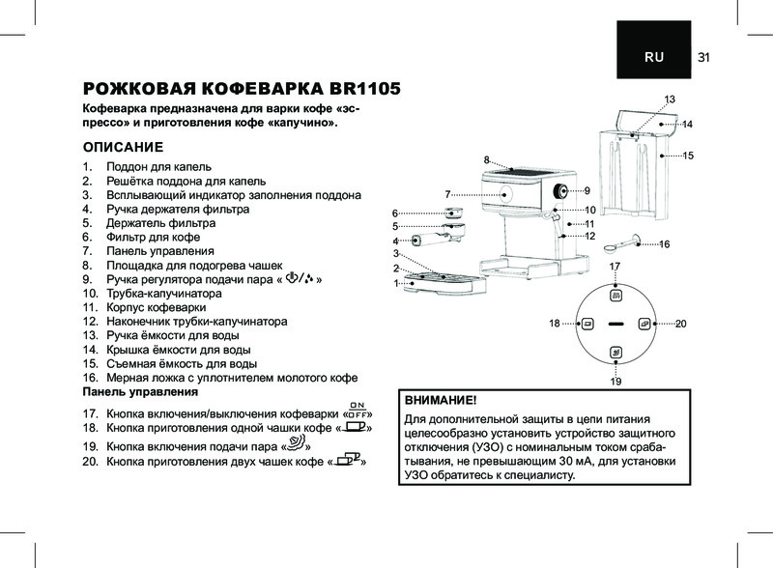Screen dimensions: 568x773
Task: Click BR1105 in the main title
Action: point(349,90)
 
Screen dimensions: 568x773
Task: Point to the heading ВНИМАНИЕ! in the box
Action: point(441,399)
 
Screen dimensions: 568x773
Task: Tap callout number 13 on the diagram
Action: point(670,100)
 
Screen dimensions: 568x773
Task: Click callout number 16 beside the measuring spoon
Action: point(665,244)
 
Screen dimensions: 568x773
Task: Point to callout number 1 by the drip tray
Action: point(396,283)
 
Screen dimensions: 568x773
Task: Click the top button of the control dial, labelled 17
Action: point(616,290)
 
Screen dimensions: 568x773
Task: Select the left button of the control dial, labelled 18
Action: point(587,323)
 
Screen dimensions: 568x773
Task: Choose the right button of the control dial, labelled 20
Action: point(644,323)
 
